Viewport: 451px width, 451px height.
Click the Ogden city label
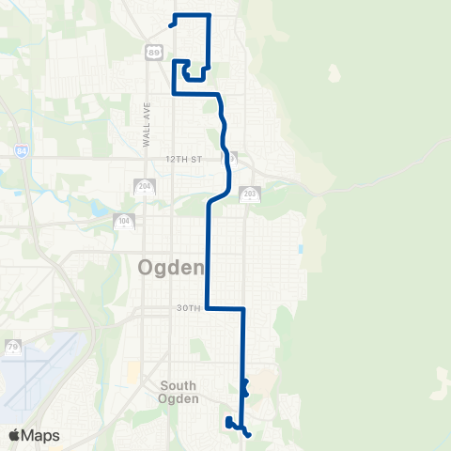[x=171, y=268]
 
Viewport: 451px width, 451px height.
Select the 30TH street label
[x=188, y=308]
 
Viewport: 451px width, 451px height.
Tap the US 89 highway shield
[x=153, y=53]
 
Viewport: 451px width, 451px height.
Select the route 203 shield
[x=249, y=194]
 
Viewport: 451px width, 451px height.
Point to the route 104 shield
[x=123, y=223]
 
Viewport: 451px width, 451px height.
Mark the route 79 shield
[x=12, y=347]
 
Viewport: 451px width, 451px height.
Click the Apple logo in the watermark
[x=15, y=435]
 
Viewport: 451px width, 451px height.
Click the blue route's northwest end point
[x=170, y=25]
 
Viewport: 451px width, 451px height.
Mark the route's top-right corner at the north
[x=208, y=15]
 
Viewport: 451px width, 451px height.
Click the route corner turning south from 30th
[x=243, y=308]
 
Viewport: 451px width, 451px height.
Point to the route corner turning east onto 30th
[x=207, y=307]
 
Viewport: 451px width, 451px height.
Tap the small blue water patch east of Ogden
[x=299, y=250]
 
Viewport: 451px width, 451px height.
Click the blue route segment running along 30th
[x=225, y=308]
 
